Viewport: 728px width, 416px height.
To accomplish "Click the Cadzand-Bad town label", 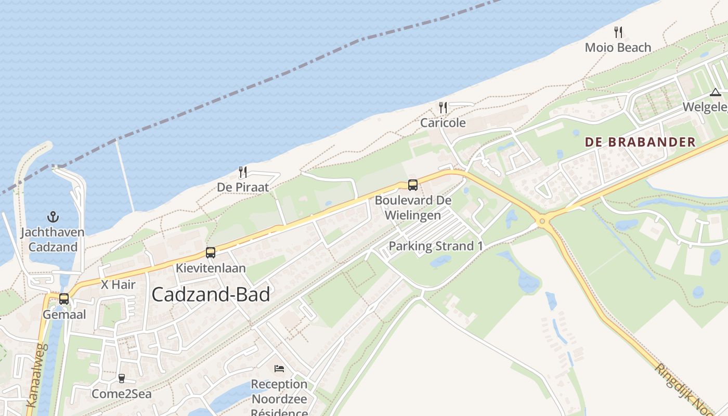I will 211,295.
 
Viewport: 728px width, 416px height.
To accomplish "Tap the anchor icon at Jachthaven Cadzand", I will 53,216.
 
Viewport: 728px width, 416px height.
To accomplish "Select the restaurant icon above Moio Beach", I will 618,32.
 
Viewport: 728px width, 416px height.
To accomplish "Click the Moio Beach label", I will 618,47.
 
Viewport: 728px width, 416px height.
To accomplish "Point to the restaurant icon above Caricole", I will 443,108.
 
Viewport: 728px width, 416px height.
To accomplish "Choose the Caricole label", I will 443,123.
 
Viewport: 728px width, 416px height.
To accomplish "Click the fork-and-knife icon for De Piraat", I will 243,172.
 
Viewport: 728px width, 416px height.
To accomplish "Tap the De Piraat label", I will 243,187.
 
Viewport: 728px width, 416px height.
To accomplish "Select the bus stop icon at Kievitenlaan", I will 211,253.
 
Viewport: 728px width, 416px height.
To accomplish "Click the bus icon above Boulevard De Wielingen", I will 413,185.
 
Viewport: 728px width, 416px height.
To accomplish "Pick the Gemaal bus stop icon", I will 64,299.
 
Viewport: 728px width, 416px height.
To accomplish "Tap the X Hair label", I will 118,284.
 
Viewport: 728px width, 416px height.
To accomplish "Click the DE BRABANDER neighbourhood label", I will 640,142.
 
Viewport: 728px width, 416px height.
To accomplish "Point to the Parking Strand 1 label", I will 432,246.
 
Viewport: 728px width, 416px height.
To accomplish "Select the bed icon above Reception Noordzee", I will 279,369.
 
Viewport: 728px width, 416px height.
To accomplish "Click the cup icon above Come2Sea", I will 122,379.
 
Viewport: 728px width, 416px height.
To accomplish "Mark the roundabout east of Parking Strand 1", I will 542,221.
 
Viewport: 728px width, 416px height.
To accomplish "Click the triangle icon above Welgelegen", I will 715,93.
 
